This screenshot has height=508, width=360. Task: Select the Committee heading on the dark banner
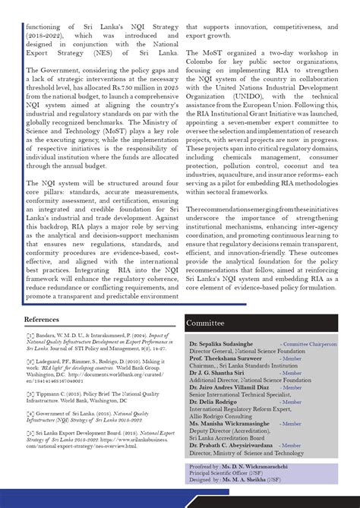coord(205,323)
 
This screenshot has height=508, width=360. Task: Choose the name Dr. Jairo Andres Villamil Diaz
coord(231,387)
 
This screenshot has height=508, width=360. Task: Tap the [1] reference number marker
coord(30,334)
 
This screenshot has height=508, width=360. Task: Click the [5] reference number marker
coord(30,432)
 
